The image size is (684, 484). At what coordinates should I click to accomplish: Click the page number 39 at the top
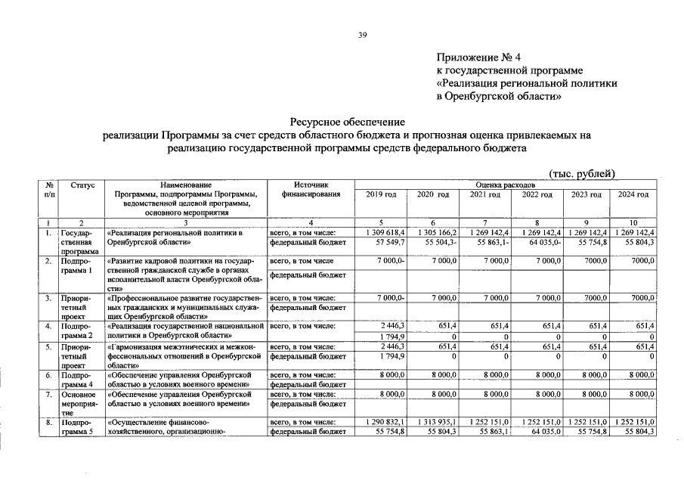[x=362, y=35]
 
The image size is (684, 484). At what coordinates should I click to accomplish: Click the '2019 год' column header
[x=381, y=194]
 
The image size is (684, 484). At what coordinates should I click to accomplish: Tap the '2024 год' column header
[x=633, y=194]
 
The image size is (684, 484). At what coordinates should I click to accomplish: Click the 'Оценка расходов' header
[x=506, y=185]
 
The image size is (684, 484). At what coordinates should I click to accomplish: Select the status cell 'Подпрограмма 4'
[x=78, y=379]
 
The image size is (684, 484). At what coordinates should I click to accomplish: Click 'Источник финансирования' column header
[x=311, y=189]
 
